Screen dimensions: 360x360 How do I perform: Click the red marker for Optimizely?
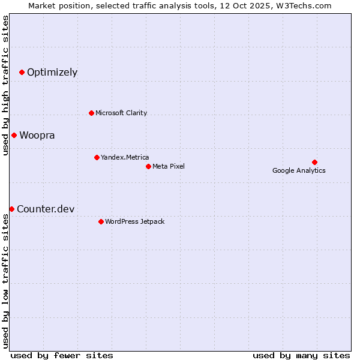click(x=22, y=73)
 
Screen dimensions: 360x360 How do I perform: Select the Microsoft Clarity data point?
click(x=91, y=113)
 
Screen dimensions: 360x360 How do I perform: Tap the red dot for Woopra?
click(x=14, y=135)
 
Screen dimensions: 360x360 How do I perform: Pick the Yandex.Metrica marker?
click(x=97, y=157)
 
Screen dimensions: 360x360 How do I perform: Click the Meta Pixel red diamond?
click(x=148, y=166)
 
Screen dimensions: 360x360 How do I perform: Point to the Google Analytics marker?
click(x=314, y=162)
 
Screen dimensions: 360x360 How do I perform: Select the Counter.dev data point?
click(x=11, y=209)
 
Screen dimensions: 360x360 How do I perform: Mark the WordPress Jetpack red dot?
click(x=101, y=221)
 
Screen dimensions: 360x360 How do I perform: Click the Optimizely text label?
click(x=52, y=73)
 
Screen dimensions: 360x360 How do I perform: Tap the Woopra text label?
click(x=37, y=136)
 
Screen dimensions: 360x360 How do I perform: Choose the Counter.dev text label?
click(x=46, y=209)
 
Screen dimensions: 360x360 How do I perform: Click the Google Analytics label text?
click(x=299, y=170)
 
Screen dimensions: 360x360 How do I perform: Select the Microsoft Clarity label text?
click(x=121, y=113)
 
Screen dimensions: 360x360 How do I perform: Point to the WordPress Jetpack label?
click(x=135, y=221)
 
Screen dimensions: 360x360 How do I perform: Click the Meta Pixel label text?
click(x=169, y=166)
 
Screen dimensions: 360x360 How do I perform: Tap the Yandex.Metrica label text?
click(x=125, y=157)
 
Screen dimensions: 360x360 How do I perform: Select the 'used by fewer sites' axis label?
click(x=62, y=355)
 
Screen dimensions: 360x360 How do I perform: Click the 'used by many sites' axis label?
click(x=301, y=355)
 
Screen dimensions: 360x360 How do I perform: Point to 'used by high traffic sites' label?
click(x=6, y=85)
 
